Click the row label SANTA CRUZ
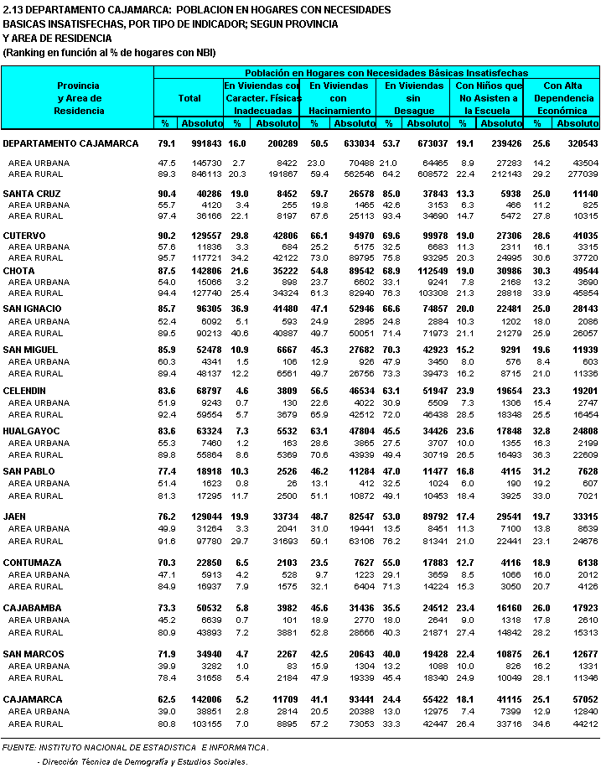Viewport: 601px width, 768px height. click(x=31, y=194)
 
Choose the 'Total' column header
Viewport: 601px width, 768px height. click(x=189, y=98)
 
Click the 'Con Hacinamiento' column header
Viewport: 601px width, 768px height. click(x=339, y=98)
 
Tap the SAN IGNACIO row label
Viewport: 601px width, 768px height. click(x=33, y=309)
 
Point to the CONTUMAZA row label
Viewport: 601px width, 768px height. click(x=33, y=563)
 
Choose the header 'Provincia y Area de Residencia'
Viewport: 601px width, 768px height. click(x=78, y=98)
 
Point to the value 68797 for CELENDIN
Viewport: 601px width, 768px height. click(x=205, y=390)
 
